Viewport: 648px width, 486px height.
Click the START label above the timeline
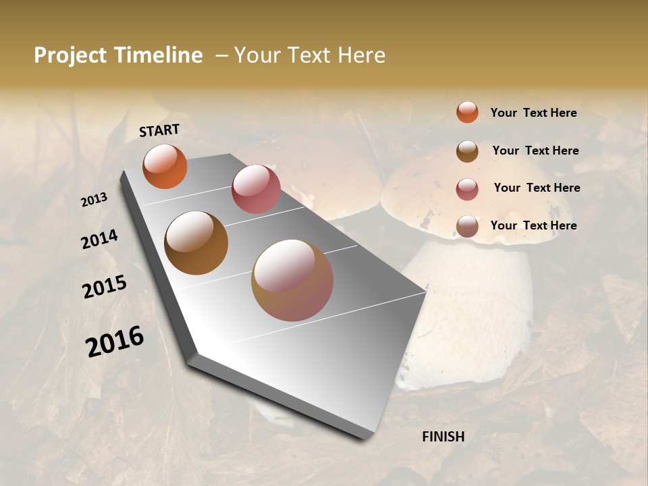coord(159,130)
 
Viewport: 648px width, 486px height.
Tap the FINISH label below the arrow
coord(443,437)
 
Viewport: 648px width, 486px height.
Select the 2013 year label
coord(94,199)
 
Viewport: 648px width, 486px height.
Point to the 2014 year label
coord(100,240)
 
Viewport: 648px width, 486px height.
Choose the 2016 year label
coord(115,341)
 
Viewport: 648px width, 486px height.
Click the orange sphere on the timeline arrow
coord(165,166)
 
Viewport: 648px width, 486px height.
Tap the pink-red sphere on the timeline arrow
coord(256,189)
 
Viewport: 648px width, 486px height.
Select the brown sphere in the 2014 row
coord(196,243)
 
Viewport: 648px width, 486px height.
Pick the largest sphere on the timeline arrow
coord(292,280)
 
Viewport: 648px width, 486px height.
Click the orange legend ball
coord(467,112)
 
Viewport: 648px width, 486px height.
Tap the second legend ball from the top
coord(467,151)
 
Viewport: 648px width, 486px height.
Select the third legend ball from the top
coord(467,188)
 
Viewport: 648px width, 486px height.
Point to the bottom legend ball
coord(467,226)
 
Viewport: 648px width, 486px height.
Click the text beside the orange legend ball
coord(534,113)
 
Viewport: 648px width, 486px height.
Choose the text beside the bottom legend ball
coord(534,225)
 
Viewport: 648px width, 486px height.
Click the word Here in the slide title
coord(361,55)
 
